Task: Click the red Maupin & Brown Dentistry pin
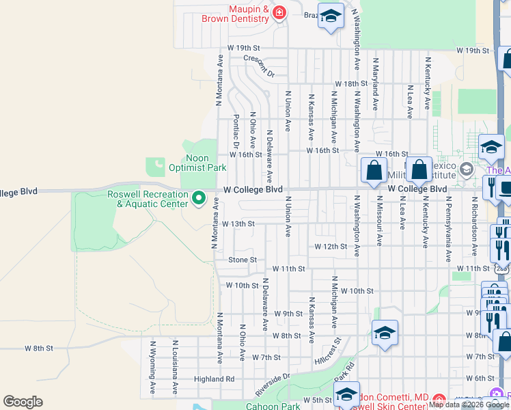tap(279, 14)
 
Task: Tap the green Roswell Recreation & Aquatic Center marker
tap(199, 199)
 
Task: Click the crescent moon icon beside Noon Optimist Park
tap(156, 165)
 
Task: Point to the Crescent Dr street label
tap(259, 65)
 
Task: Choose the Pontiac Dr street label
tap(236, 131)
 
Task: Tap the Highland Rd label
tap(214, 379)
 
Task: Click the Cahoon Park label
tap(272, 406)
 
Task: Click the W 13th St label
tap(238, 223)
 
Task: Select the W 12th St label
tap(331, 246)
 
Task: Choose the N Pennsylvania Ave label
tap(448, 229)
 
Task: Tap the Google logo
tap(23, 402)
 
